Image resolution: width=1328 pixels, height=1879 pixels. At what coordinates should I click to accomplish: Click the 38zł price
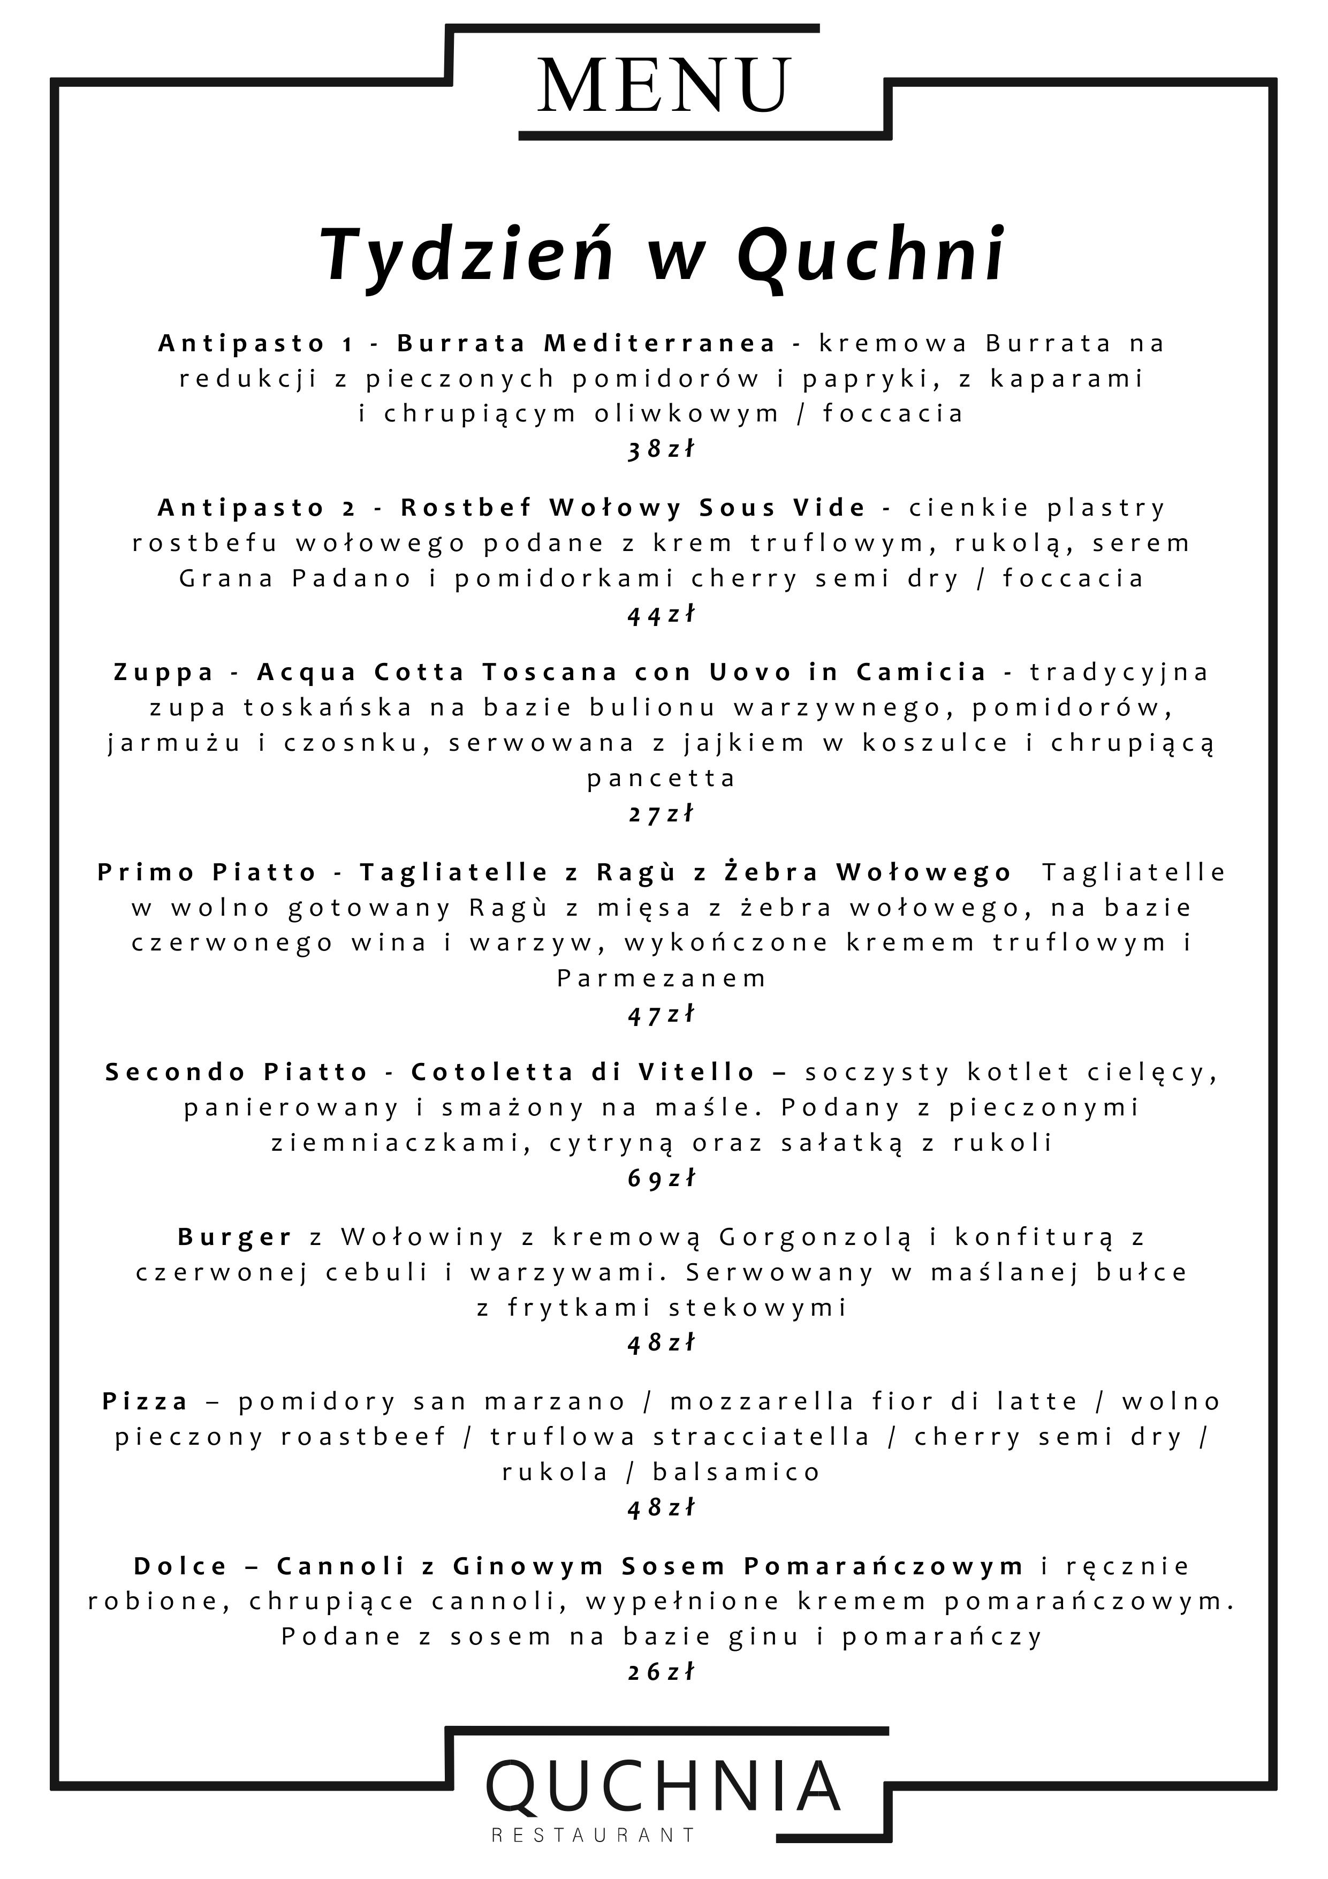pyautogui.click(x=661, y=449)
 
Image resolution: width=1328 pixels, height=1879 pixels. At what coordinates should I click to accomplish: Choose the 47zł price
pyautogui.click(x=661, y=1014)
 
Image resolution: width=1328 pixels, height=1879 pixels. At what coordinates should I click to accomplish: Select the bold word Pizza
pyautogui.click(x=146, y=1402)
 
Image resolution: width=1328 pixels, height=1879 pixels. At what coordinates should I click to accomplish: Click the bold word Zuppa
pyautogui.click(x=164, y=672)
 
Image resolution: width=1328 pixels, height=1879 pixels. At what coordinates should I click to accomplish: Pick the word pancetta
pyautogui.click(x=661, y=778)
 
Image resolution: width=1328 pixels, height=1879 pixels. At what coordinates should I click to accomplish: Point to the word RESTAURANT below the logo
pyautogui.click(x=593, y=1836)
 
